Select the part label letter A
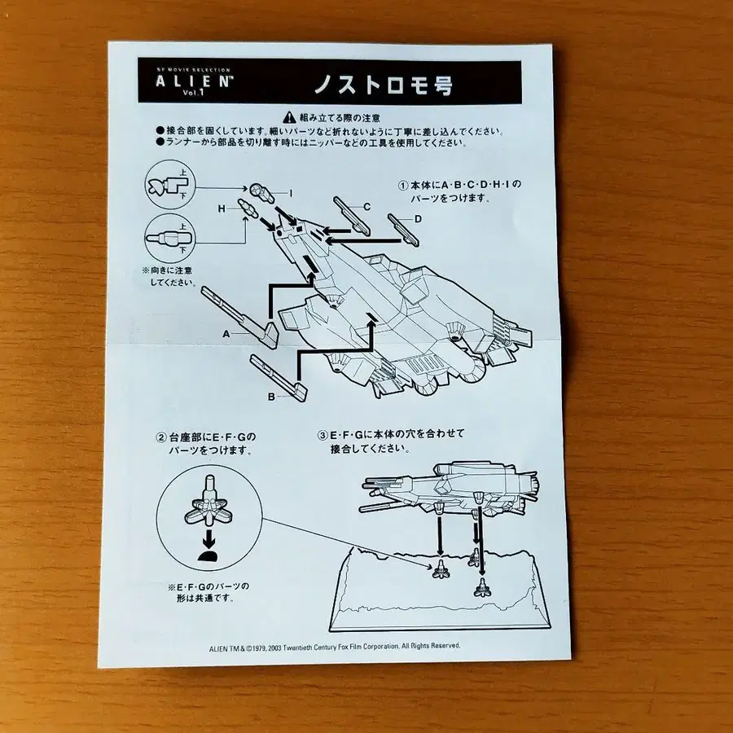pyautogui.click(x=228, y=334)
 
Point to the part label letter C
pyautogui.click(x=366, y=207)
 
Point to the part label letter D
pyautogui.click(x=418, y=218)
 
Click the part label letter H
pyautogui.click(x=221, y=209)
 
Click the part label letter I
pyautogui.click(x=290, y=193)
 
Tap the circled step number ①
pyautogui.click(x=402, y=185)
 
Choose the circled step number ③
pyautogui.click(x=323, y=436)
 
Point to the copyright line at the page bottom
pyautogui.click(x=331, y=645)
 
